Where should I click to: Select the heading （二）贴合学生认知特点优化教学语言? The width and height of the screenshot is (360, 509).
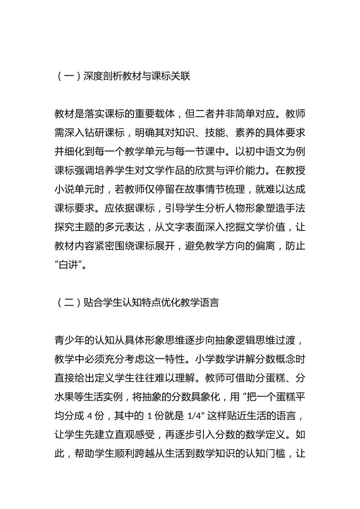click(137, 302)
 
